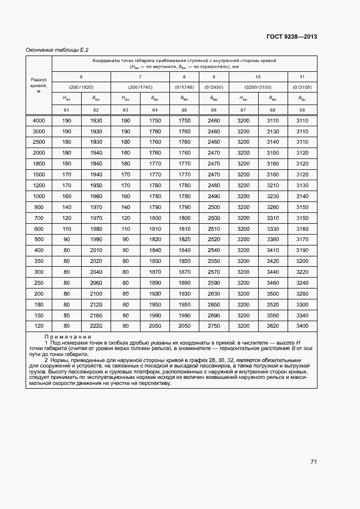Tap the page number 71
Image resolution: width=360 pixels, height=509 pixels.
[x=314, y=462]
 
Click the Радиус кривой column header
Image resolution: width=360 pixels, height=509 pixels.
[x=39, y=85]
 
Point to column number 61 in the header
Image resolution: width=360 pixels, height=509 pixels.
[x=66, y=111]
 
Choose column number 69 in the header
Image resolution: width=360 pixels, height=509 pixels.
[x=301, y=111]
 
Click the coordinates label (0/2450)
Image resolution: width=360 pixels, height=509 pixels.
[x=214, y=87]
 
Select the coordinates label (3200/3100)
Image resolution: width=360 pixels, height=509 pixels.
[x=258, y=87]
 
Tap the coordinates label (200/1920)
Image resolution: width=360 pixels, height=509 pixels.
[x=81, y=87]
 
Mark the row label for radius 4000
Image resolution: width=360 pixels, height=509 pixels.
[x=39, y=121]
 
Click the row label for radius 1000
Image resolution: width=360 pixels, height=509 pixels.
[x=39, y=196]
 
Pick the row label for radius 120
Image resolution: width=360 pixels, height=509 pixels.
[x=39, y=326]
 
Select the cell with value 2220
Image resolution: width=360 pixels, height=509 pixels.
[x=96, y=326]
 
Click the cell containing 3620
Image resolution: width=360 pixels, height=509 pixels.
[x=272, y=326]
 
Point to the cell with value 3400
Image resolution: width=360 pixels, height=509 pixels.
[x=301, y=326]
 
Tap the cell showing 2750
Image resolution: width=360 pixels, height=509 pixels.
[x=214, y=326]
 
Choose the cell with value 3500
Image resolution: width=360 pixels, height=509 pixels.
[x=272, y=293]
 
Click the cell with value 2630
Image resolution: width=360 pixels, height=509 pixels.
[x=214, y=293]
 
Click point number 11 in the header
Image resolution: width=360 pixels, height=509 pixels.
[x=301, y=77]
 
